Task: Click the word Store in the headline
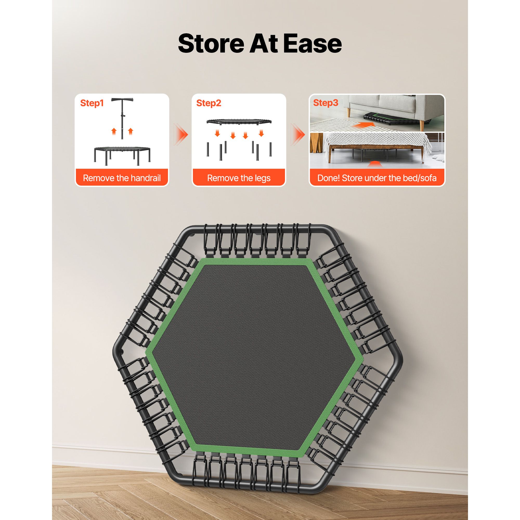[211, 43]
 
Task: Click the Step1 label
[92, 103]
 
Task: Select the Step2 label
[209, 103]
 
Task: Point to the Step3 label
[326, 103]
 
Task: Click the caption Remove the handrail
[122, 178]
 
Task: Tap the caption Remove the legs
[239, 178]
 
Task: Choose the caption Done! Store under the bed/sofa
[377, 178]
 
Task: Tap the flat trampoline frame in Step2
[239, 122]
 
